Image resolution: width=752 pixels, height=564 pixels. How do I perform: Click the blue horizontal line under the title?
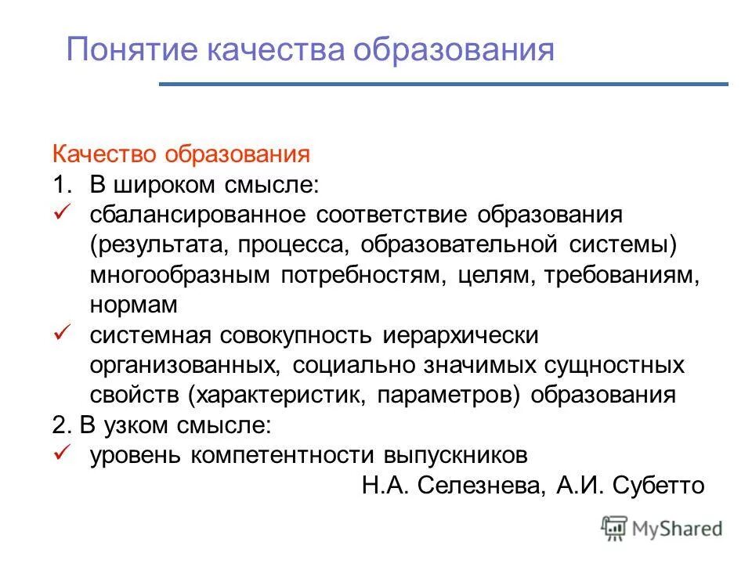point(443,84)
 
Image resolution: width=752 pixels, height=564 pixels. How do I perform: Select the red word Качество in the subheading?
point(106,154)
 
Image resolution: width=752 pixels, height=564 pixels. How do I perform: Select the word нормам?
point(134,304)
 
